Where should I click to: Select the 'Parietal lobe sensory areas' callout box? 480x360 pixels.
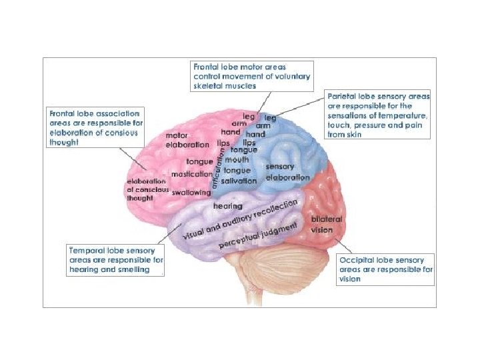(378, 115)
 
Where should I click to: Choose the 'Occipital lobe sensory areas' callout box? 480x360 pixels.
(386, 269)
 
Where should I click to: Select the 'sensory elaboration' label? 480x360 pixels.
(287, 173)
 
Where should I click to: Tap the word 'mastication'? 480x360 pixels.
(192, 175)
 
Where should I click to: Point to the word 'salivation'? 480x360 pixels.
(240, 181)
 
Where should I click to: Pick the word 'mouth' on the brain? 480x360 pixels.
(237, 161)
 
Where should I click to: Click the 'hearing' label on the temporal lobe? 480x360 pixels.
(227, 207)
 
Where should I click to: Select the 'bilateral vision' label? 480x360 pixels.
(327, 224)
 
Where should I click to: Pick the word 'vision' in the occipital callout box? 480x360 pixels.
(350, 279)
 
